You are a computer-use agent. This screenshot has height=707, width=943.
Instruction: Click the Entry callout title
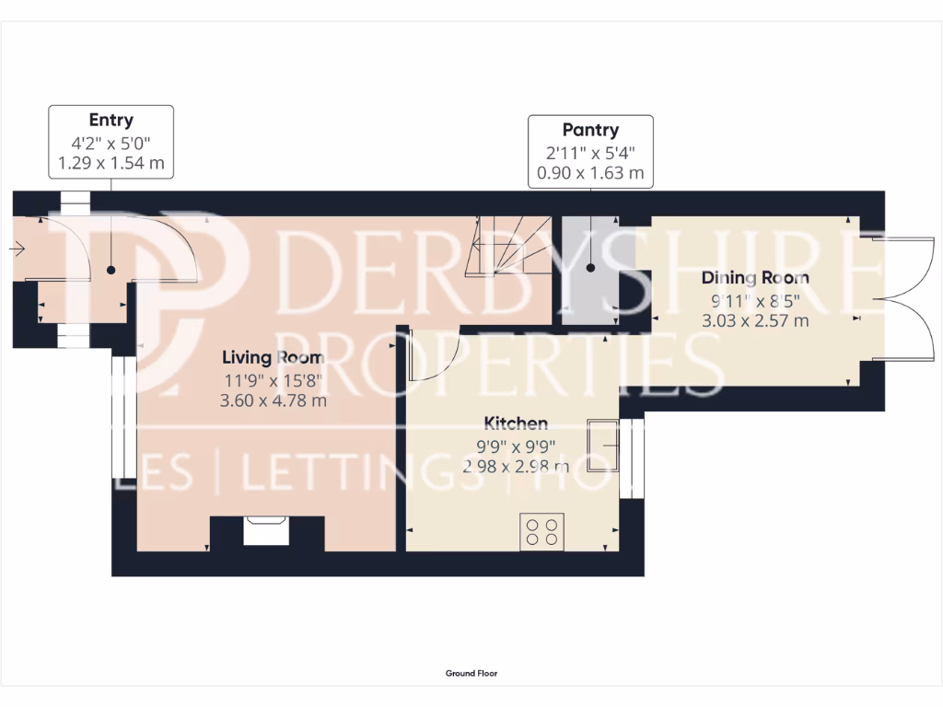click(x=111, y=120)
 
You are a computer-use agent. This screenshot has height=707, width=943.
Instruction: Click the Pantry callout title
click(x=590, y=130)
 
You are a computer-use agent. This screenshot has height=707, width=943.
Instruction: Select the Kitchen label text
click(x=516, y=423)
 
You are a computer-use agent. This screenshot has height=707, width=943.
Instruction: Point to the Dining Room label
click(x=755, y=278)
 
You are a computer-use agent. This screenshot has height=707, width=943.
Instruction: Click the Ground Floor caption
click(x=471, y=674)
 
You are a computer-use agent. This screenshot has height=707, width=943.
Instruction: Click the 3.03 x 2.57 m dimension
click(x=755, y=320)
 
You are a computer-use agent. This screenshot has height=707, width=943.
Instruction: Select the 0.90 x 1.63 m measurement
click(x=590, y=172)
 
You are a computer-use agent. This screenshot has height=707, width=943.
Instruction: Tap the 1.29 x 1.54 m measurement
click(x=111, y=163)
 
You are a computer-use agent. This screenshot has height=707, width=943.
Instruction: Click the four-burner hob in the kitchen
click(x=541, y=531)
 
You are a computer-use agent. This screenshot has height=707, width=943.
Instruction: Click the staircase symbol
click(x=507, y=246)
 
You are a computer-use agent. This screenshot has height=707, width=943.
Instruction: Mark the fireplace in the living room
click(x=267, y=531)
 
